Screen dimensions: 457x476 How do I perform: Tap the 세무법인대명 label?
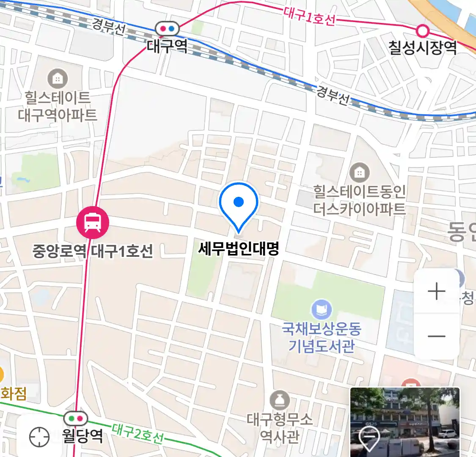tap(239, 248)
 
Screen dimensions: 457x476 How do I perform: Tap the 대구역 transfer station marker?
tap(168, 29)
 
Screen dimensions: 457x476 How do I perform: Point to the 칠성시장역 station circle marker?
tap(422, 30)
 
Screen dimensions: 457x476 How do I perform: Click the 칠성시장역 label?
tap(422, 47)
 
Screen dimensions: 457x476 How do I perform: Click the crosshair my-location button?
tap(39, 436)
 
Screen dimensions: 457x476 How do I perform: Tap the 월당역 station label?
tap(83, 435)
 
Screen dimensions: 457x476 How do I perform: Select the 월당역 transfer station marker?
tap(76, 418)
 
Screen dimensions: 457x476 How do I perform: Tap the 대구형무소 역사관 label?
tap(280, 427)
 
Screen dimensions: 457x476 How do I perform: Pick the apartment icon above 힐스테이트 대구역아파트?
tap(58, 79)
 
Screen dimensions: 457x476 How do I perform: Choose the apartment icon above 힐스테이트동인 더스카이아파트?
tap(359, 173)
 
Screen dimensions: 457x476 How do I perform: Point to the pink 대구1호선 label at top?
tap(309, 17)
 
